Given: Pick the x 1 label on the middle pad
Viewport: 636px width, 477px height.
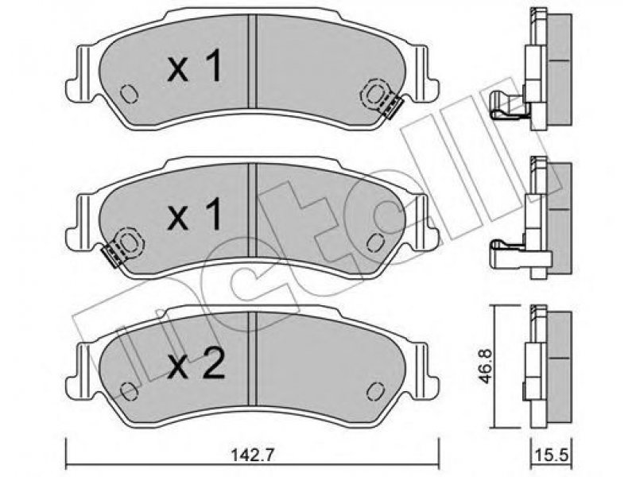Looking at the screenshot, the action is (195, 214).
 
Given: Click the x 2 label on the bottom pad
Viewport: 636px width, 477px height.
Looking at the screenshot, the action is (196, 363).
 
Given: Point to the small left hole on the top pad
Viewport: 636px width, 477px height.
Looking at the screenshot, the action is (130, 94).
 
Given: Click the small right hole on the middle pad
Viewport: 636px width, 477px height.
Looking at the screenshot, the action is (375, 242).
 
